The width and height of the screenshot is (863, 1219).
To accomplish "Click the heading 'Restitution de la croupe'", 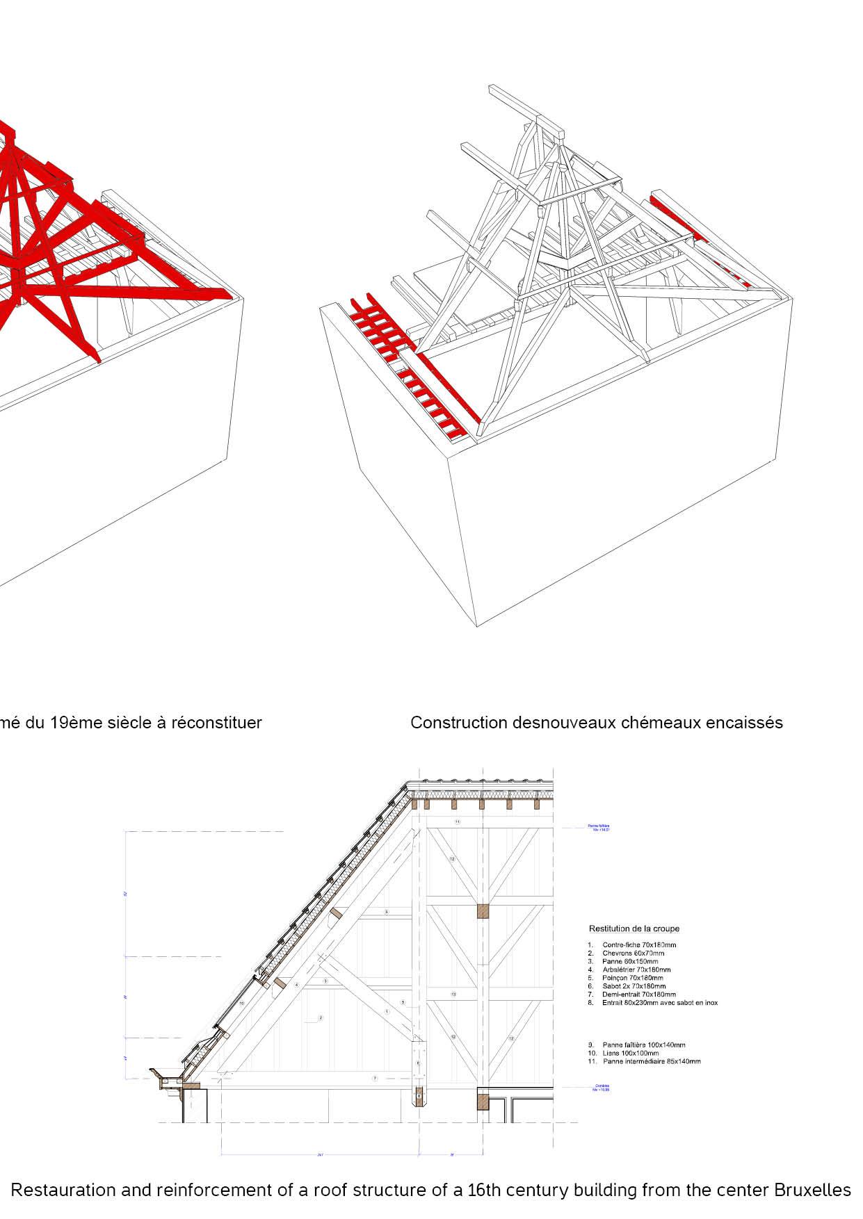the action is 634,928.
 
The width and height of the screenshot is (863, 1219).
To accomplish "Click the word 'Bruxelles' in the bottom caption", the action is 812,1190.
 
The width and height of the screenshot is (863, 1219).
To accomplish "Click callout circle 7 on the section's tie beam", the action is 374,1079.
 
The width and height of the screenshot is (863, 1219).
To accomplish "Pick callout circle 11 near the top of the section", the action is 457,822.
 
